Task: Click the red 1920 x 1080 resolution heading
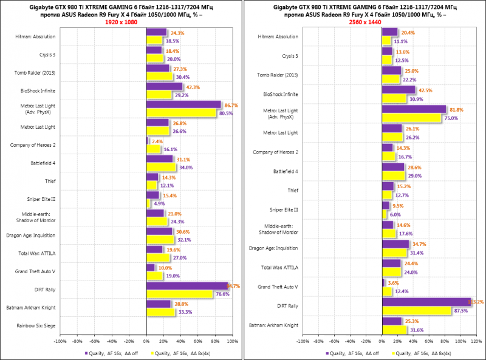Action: (x=121, y=22)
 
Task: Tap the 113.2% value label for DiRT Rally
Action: (x=478, y=302)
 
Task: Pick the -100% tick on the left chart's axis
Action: (x=60, y=342)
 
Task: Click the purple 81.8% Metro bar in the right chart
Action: (x=414, y=110)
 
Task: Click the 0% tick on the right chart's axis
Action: (x=382, y=342)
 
